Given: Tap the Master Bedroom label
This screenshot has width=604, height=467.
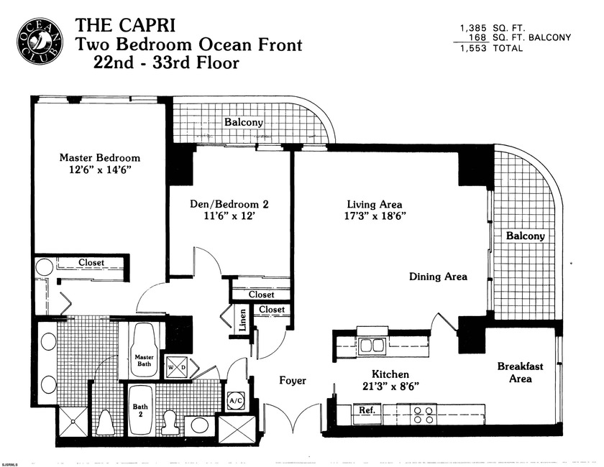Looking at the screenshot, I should point(99,157).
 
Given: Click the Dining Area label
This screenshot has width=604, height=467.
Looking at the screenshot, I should point(438,277).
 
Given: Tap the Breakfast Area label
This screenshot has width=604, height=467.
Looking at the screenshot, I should point(520,372).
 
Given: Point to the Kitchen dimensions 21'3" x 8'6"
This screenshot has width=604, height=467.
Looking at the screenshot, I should point(390,387).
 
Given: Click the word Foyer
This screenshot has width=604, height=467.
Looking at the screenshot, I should point(293,380).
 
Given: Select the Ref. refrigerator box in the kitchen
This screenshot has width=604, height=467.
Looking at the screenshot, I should point(367,410).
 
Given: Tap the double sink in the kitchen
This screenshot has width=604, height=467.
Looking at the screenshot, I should point(371,346).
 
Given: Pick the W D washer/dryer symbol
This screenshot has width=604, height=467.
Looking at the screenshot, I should point(176,366).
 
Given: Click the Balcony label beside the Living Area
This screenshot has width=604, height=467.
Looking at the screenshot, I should point(525,236).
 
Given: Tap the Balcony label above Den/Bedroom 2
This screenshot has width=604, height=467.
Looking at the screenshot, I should point(243,122).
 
